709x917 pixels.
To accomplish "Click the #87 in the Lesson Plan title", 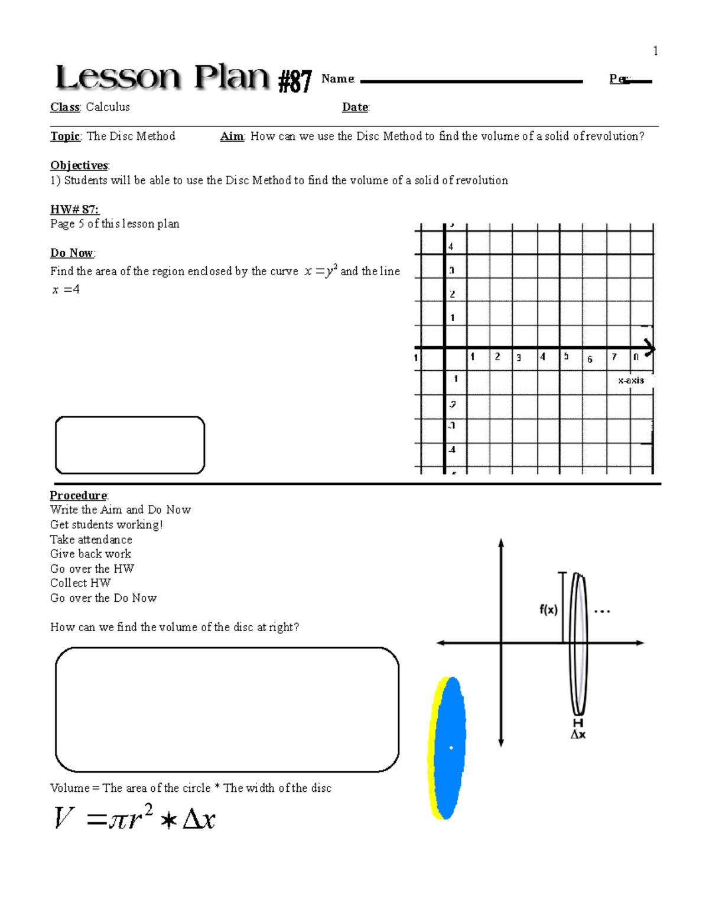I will click(x=295, y=81).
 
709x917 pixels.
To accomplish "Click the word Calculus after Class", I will click(x=108, y=107).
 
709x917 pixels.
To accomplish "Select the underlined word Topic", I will click(x=65, y=136).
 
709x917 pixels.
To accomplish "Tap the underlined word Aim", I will click(x=232, y=136).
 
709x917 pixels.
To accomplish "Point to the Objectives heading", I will click(x=79, y=165).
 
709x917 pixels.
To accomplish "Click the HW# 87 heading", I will click(x=74, y=209).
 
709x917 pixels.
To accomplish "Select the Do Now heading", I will click(x=71, y=253).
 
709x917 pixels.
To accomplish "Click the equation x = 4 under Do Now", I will click(x=66, y=289).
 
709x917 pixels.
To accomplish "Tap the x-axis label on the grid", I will click(x=630, y=380).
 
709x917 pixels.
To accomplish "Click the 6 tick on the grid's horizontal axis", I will click(x=589, y=359).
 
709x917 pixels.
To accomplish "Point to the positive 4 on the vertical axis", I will click(x=451, y=247).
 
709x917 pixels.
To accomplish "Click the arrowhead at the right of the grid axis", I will click(x=649, y=348).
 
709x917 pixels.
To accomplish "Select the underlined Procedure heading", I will click(x=78, y=495).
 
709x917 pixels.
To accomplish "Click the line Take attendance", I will click(x=91, y=539).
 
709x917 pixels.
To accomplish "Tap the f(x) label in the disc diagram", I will click(x=548, y=609).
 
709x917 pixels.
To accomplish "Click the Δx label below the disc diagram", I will click(x=578, y=735).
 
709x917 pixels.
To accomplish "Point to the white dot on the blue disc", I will click(x=451, y=748).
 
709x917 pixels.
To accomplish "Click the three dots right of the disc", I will click(x=601, y=612).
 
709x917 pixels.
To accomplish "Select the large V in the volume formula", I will click(x=64, y=818).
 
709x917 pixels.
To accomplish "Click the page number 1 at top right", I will click(x=655, y=51).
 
